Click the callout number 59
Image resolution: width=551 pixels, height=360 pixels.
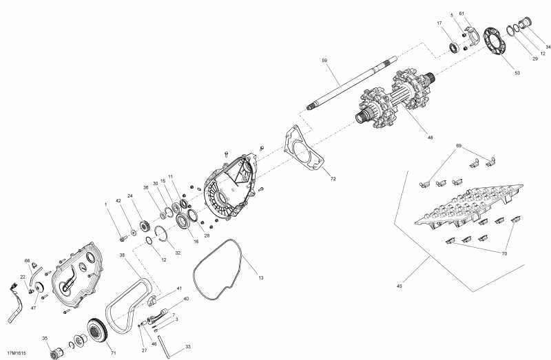pyautogui.click(x=324, y=61)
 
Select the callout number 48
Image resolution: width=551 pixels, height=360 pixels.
pyautogui.click(x=430, y=138)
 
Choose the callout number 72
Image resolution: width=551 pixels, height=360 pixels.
pyautogui.click(x=333, y=178)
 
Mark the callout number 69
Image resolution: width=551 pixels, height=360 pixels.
pyautogui.click(x=460, y=147)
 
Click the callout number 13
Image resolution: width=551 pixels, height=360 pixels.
pyautogui.click(x=260, y=277)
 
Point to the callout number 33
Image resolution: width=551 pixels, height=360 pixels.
pyautogui.click(x=188, y=347)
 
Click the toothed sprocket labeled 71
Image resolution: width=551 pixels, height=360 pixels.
pyautogui.click(x=98, y=328)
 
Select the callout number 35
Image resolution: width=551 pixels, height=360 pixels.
pyautogui.click(x=45, y=338)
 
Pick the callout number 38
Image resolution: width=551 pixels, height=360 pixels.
pyautogui.click(x=122, y=254)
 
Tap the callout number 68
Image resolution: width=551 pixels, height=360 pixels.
pyautogui.click(x=28, y=261)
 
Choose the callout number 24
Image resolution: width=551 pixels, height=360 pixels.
pyautogui.click(x=130, y=195)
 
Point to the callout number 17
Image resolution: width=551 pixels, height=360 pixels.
pyautogui.click(x=438, y=24)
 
